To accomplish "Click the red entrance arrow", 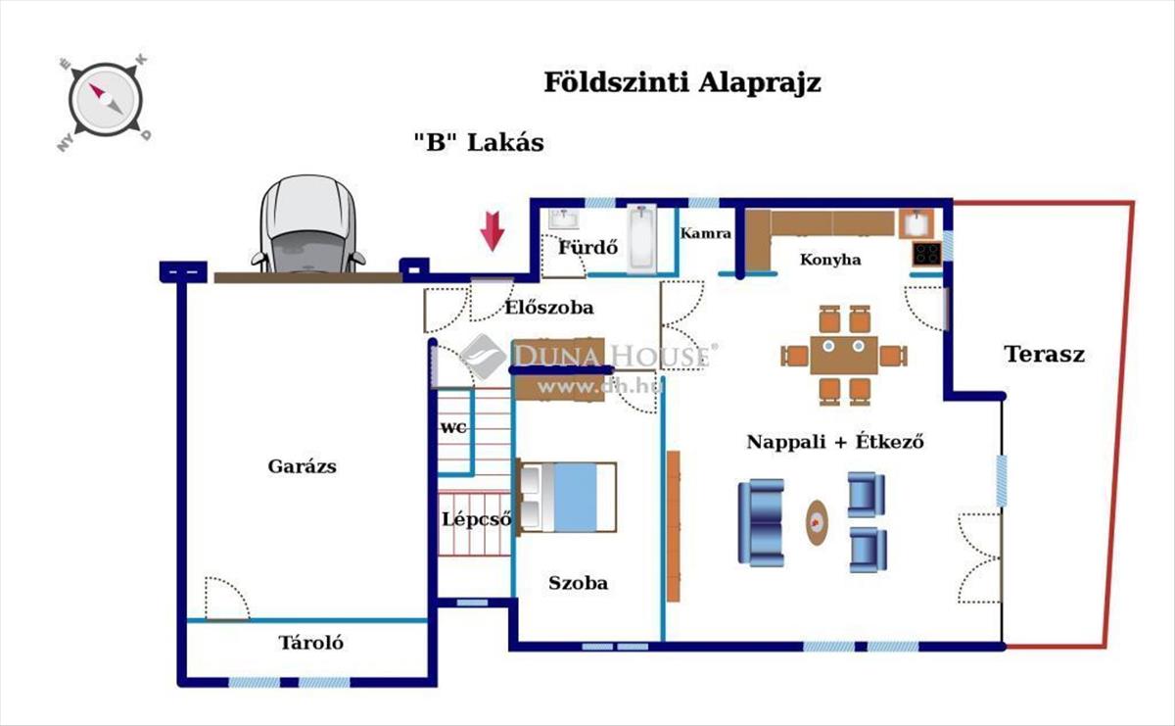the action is pos(492,231).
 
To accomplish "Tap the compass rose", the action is pos(105,100).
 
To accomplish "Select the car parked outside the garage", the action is pos(308,224).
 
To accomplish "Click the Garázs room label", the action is pos(303,466).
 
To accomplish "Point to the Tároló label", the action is pos(311,643).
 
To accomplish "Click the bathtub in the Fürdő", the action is pos(642,239).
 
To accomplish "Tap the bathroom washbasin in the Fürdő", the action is pos(564,218).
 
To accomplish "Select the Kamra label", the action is pos(706,233).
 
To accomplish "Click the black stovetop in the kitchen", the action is pos(927,254).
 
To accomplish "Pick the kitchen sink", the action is pos(916,223).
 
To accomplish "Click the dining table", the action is pos(844,356).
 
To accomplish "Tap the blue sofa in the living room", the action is pos(761,522).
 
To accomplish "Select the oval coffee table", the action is pos(817,522).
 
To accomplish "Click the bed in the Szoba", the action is pos(567,497).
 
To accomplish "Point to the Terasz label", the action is pos(1045,355).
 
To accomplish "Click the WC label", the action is pos(453,428).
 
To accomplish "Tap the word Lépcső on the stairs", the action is pos(476,519).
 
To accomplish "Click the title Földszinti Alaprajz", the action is pos(682,83).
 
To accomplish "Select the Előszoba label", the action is pos(549,308).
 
